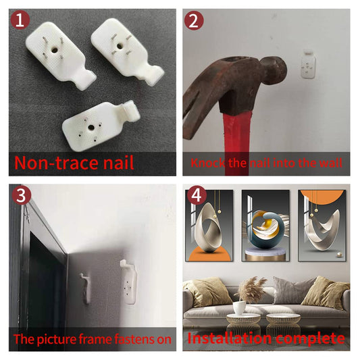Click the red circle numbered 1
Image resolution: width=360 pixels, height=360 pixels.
[20, 20]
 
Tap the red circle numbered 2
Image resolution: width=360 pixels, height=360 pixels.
[194, 20]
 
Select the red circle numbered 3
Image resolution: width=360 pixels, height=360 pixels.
[22, 195]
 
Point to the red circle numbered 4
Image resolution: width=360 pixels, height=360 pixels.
[197, 195]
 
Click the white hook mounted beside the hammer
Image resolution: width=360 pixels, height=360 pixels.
[309, 64]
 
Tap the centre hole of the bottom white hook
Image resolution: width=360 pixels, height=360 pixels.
[91, 128]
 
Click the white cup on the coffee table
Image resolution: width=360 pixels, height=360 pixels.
[240, 307]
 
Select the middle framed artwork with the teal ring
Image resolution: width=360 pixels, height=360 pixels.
[265, 226]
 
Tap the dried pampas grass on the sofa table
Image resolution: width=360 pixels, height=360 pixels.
[251, 289]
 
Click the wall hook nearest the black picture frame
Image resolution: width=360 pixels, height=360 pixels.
[86, 288]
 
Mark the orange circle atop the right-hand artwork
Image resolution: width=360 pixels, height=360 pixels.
[322, 194]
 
